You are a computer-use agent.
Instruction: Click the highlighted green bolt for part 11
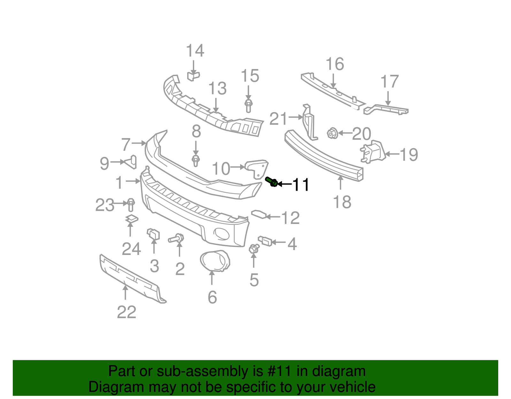click(x=272, y=182)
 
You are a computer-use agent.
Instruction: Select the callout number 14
click(x=195, y=51)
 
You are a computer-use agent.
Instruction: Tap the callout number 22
click(x=126, y=312)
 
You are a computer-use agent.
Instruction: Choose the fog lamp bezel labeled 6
click(x=215, y=261)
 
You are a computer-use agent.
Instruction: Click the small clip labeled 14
click(x=193, y=76)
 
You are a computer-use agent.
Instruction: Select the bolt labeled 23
click(x=131, y=205)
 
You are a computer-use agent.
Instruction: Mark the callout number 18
click(x=342, y=202)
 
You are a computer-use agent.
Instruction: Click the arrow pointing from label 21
click(x=295, y=118)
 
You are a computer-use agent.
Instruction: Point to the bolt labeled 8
click(x=196, y=160)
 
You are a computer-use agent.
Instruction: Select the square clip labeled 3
click(x=153, y=234)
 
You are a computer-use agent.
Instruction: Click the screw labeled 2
click(x=176, y=238)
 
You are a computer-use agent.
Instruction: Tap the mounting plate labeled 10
click(x=256, y=168)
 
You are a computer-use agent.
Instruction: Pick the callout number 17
click(x=390, y=82)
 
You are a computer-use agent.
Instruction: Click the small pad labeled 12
click(x=259, y=214)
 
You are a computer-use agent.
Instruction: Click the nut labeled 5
click(x=254, y=249)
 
